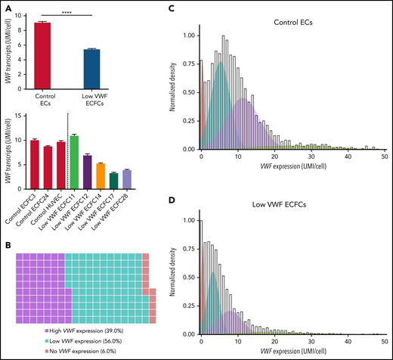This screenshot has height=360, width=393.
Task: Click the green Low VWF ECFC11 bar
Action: pyautogui.click(x=73, y=152)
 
